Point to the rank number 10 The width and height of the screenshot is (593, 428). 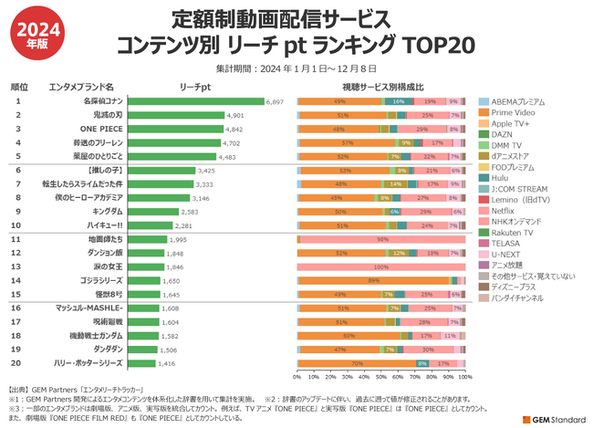tap(17, 224)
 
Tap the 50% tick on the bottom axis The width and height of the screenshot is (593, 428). tap(381, 375)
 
